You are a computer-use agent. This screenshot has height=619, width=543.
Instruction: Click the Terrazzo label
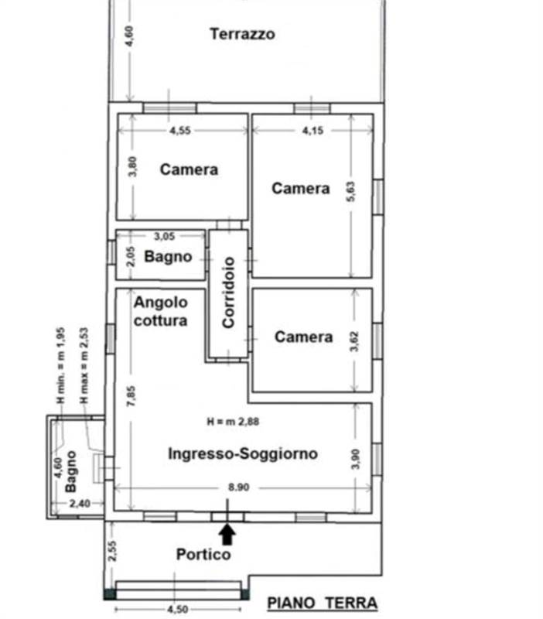[242, 34]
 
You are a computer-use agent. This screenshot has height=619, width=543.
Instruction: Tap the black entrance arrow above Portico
[227, 533]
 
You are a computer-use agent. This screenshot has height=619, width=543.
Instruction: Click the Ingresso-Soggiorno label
[243, 454]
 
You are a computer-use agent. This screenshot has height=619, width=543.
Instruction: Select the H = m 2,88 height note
[234, 422]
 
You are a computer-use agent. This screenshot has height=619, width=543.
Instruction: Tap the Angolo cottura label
[160, 311]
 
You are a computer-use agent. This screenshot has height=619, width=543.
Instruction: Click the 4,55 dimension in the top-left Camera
[179, 130]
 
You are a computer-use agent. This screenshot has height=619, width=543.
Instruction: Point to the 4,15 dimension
[312, 130]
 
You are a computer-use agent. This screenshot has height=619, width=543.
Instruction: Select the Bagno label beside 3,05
[168, 257]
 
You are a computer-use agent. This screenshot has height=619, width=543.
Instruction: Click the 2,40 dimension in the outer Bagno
[80, 504]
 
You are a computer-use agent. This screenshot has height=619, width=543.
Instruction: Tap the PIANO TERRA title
[322, 603]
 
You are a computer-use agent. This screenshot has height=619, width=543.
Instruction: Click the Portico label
[203, 554]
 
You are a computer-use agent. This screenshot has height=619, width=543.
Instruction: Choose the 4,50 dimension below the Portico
[178, 609]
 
